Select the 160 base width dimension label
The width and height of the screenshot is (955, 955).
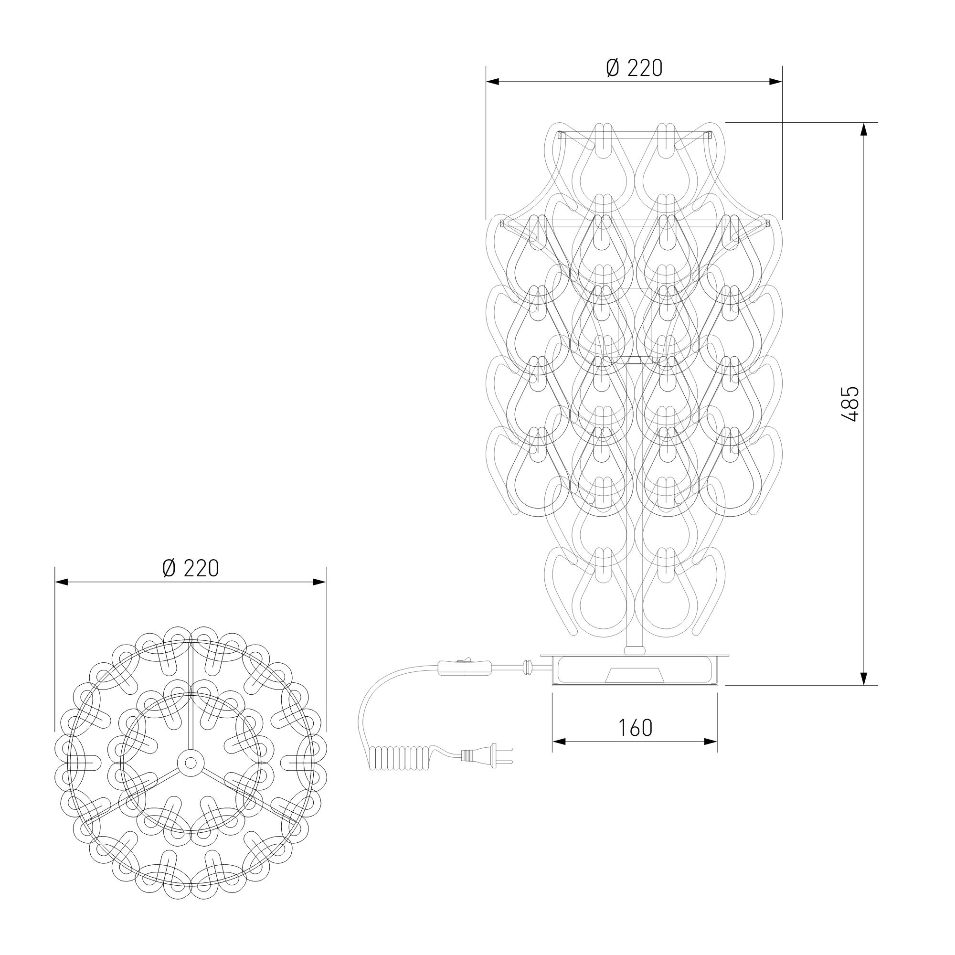[635, 727]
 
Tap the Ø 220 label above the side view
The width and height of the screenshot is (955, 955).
[634, 68]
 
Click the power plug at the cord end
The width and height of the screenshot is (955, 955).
[487, 769]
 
